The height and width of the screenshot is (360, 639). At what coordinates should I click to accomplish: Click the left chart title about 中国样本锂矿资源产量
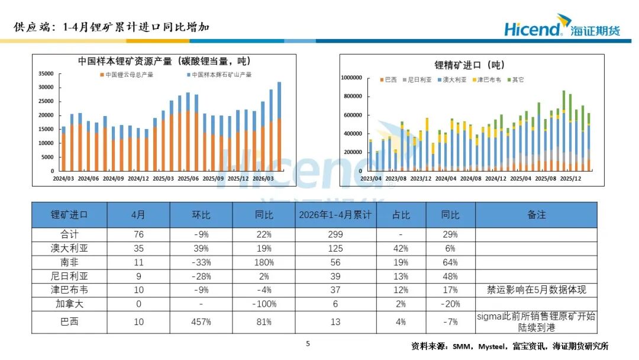[x=164, y=61]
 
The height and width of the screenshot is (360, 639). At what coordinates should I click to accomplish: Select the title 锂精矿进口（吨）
[x=470, y=65]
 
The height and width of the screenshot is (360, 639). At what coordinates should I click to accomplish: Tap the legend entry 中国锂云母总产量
[x=127, y=75]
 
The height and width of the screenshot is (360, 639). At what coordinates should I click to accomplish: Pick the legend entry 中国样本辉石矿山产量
[x=220, y=75]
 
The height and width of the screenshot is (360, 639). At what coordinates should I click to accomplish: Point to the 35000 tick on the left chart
[x=46, y=73]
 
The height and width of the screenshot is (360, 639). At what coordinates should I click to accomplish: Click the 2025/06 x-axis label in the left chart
[x=188, y=179]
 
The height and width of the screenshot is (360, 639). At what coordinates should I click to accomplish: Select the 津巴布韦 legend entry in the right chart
[x=486, y=79]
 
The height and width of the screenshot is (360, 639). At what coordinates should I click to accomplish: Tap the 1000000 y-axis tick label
[x=351, y=78]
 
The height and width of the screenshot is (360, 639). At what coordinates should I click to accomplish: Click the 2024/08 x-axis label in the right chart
[x=471, y=179]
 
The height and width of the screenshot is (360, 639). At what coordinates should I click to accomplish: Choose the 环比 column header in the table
[x=201, y=215]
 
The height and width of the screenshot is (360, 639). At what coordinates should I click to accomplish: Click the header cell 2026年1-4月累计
[x=335, y=215]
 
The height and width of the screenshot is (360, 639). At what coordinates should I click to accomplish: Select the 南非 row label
[x=69, y=262]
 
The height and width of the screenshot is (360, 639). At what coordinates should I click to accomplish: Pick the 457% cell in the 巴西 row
[x=201, y=322]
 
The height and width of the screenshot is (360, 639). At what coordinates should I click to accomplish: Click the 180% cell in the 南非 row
[x=264, y=262]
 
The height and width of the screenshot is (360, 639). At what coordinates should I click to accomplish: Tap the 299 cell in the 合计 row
[x=335, y=234]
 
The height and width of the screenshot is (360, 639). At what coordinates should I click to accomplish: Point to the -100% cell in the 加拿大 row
[x=264, y=304]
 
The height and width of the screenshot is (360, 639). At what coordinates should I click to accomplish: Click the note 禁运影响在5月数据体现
[x=536, y=290]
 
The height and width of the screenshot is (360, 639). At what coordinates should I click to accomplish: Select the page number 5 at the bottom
[x=308, y=343]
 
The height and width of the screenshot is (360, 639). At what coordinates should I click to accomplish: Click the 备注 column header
[x=536, y=215]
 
